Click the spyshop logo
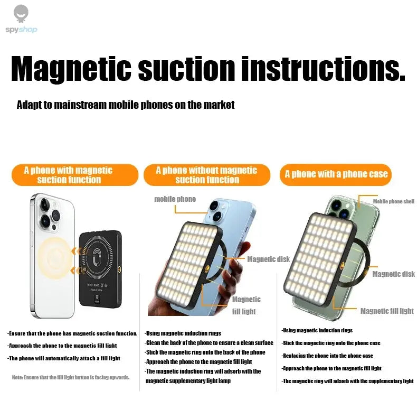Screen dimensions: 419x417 pyautogui.click(x=21, y=20)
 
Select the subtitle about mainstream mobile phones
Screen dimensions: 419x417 pyautogui.click(x=126, y=105)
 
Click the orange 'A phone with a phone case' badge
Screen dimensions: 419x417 pyautogui.click(x=336, y=174)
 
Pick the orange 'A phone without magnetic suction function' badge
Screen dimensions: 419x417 pyautogui.click(x=206, y=175)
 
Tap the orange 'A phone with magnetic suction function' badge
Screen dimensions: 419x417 pyautogui.click(x=69, y=175)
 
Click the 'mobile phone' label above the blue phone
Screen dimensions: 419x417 pyautogui.click(x=175, y=199)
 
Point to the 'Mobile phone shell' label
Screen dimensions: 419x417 pyautogui.click(x=393, y=201)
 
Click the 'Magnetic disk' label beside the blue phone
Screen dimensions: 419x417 pyautogui.click(x=268, y=259)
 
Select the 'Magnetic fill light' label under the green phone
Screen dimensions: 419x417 pyautogui.click(x=387, y=311)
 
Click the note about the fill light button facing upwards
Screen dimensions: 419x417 pyautogui.click(x=71, y=377)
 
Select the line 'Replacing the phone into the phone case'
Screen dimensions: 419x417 pyautogui.click(x=327, y=356)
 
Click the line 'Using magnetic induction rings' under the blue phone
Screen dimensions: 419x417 pyautogui.click(x=183, y=333)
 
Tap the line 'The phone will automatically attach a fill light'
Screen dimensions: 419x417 pyautogui.click(x=64, y=358)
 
